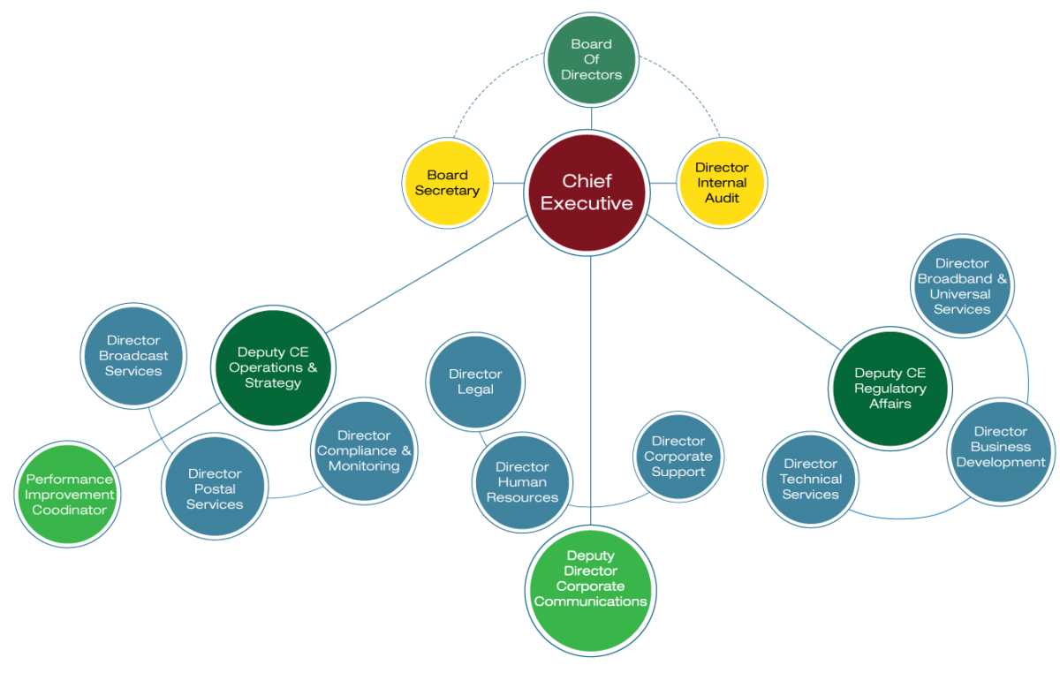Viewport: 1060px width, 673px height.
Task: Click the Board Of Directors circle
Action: point(591,59)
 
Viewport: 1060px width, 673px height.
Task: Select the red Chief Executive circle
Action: point(587,193)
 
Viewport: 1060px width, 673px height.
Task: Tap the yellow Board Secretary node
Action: point(447,183)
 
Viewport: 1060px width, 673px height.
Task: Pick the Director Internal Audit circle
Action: point(722,183)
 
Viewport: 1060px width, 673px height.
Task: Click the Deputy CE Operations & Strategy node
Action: point(273,367)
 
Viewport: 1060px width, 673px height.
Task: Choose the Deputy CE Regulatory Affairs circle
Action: point(890,389)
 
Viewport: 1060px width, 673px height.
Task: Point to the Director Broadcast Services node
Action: point(133,356)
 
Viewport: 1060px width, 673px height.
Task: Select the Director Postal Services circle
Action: point(215,489)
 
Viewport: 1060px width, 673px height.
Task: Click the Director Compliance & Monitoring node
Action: point(364,450)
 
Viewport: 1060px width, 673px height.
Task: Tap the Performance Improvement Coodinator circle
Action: point(69,495)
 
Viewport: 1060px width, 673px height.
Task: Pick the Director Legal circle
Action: point(475,382)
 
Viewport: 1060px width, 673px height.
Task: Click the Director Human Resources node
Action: point(522,482)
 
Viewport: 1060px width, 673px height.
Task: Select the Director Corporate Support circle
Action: point(678,456)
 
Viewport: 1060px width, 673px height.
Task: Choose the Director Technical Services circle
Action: point(810,479)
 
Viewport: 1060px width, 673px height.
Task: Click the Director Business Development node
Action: point(1000,447)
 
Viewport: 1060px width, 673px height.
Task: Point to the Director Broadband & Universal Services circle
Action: point(962,286)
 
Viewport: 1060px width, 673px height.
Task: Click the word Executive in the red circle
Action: point(587,204)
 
